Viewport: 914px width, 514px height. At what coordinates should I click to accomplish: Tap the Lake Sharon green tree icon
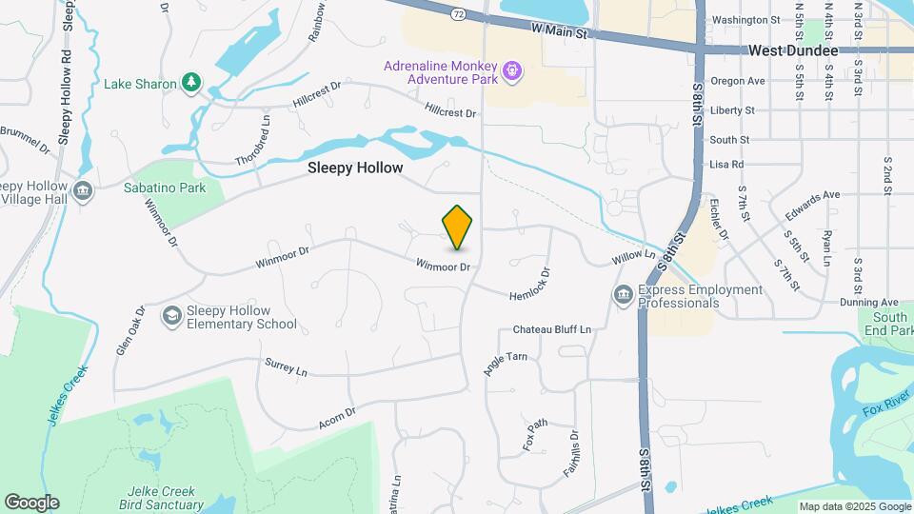point(192,83)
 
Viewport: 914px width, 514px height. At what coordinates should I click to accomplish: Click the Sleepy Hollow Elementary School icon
point(172,316)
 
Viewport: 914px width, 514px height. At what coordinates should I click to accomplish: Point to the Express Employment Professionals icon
point(624,295)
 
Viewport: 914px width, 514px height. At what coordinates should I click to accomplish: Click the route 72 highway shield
point(459,14)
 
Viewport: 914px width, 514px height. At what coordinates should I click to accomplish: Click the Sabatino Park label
point(165,188)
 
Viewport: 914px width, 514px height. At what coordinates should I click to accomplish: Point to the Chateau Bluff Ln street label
point(552,329)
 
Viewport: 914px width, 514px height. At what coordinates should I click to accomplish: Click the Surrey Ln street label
point(287,367)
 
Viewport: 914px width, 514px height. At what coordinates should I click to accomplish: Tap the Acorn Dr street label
point(337,416)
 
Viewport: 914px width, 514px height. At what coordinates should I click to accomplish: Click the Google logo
point(31,502)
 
